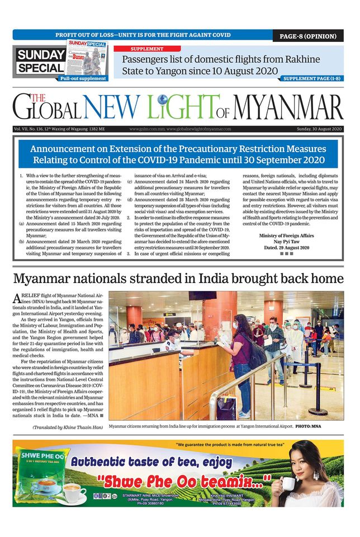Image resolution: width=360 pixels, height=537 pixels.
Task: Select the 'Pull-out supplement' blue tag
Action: (83, 79)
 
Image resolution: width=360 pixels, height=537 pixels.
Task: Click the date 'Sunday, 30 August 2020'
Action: (319, 129)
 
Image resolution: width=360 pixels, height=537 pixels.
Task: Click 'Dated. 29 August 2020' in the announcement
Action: (286, 247)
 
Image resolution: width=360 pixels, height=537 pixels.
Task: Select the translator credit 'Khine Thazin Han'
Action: (84, 428)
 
